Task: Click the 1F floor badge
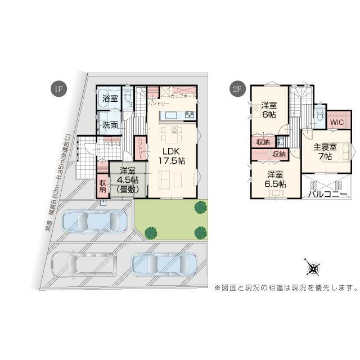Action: pyautogui.click(x=58, y=89)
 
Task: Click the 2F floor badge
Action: pyautogui.click(x=237, y=89)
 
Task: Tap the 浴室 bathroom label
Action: pyautogui.click(x=110, y=99)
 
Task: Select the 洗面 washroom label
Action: pyautogui.click(x=110, y=125)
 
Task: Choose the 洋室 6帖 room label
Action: pyautogui.click(x=269, y=109)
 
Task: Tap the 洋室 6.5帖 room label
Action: pyautogui.click(x=276, y=179)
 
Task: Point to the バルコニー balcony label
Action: pyautogui.click(x=327, y=194)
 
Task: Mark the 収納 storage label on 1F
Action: pyautogui.click(x=103, y=185)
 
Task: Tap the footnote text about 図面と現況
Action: pyautogui.click(x=286, y=288)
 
